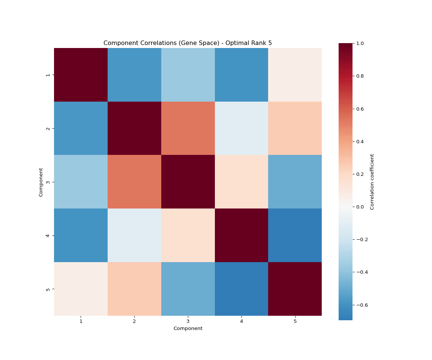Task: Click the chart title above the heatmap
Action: coord(187,43)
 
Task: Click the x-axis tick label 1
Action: coord(81,321)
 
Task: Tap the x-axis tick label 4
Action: coord(241,321)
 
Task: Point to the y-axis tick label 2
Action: coord(48,128)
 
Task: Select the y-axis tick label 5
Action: coord(48,289)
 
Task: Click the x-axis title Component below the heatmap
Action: coord(187,328)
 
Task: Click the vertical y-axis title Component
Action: coord(41,182)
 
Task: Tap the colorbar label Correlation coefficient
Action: coord(372,182)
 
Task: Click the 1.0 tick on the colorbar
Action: coord(360,43)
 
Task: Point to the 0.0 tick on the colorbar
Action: coord(360,207)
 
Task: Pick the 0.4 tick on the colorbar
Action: coord(360,141)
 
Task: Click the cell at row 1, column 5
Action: coord(295,75)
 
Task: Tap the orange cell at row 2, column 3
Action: coord(188,128)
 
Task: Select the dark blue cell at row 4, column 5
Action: coord(295,235)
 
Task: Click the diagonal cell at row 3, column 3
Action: coord(188,182)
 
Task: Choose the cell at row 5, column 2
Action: coord(134,289)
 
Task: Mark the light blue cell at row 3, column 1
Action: coord(81,182)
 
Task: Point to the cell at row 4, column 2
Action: coord(134,235)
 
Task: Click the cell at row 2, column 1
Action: coord(81,128)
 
